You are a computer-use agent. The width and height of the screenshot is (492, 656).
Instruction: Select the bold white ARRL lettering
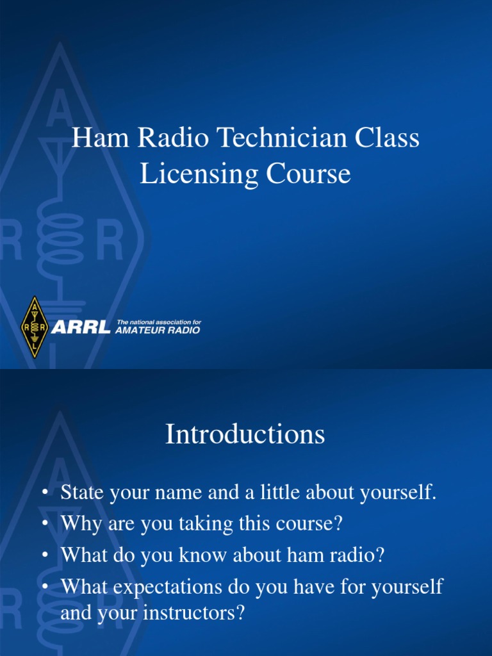tap(81, 329)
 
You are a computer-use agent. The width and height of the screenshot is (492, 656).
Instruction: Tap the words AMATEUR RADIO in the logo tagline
tap(158, 331)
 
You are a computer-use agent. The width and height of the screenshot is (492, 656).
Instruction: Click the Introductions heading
tap(245, 435)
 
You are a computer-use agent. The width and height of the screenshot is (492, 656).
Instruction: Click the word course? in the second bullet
tap(313, 525)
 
